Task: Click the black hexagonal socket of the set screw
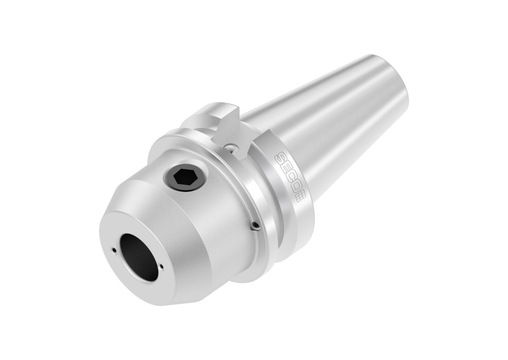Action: [184, 177]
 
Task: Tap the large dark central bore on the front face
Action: [139, 257]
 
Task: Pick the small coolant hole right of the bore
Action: [162, 267]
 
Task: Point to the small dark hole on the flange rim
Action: [255, 226]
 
